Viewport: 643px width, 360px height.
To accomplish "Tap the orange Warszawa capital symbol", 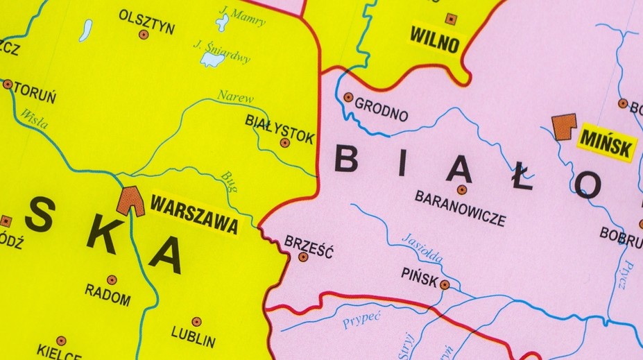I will [x=130, y=201].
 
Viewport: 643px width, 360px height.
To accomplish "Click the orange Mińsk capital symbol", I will [x=563, y=126].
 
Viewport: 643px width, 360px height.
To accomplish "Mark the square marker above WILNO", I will [x=451, y=19].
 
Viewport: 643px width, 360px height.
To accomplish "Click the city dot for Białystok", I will [x=284, y=143].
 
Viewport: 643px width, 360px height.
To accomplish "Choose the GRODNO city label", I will [x=381, y=110].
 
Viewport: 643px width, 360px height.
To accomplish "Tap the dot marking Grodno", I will [x=348, y=98].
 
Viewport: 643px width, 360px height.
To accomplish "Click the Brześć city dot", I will [x=303, y=257].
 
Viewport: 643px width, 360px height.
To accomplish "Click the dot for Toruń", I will [x=8, y=84].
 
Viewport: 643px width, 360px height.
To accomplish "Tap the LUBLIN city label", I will [x=194, y=341].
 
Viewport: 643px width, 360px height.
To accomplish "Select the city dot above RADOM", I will [x=112, y=280].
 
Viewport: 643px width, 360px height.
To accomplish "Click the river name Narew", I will [x=235, y=97].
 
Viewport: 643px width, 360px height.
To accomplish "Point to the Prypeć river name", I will [x=362, y=320].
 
